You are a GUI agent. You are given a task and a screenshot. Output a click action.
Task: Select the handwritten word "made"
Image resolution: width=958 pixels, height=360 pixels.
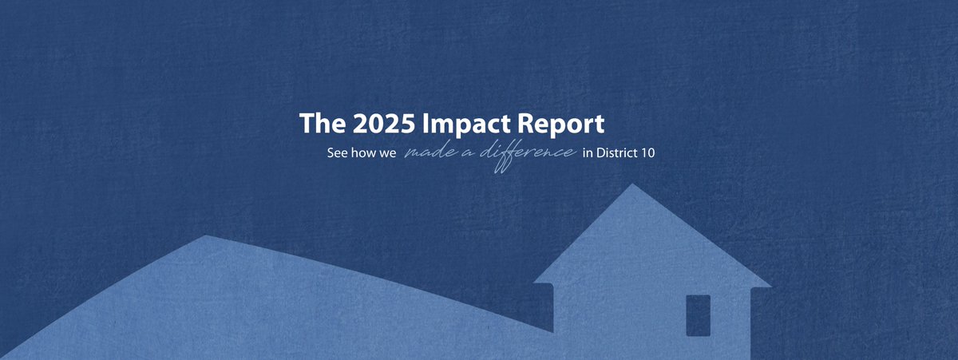click(430, 152)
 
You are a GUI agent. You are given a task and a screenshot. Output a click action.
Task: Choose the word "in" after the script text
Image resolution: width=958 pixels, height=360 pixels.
click(588, 152)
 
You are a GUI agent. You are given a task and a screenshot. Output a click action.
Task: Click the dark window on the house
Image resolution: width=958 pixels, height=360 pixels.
click(698, 315)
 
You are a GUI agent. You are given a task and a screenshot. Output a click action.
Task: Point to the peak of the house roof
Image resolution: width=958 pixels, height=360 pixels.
click(632, 185)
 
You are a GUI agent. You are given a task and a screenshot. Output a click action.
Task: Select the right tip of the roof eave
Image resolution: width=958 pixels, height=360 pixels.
click(770, 286)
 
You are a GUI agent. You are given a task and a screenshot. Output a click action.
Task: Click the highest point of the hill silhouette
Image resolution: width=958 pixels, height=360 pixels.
click(207, 236)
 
